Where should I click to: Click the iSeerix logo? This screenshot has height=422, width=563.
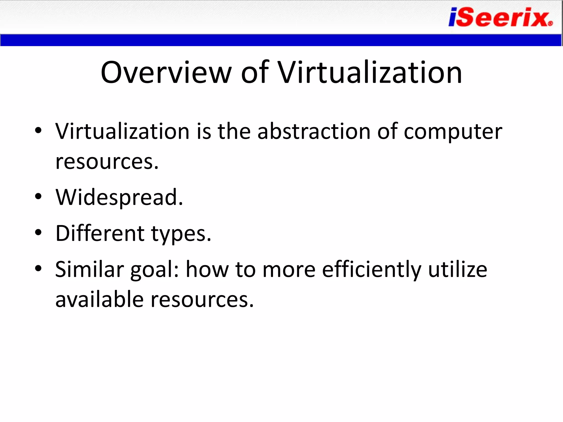[x=499, y=17]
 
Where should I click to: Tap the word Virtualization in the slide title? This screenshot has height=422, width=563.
[x=370, y=73]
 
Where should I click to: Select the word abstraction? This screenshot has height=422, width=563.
[x=314, y=131]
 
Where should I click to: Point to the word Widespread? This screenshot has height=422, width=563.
[x=119, y=197]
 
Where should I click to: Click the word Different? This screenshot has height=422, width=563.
[x=100, y=233]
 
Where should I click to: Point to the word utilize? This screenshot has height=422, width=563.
[x=458, y=269]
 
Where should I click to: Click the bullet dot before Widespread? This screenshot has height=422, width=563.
[x=38, y=196]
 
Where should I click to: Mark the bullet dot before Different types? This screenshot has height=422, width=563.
[x=38, y=232]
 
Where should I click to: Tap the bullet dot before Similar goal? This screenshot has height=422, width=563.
[x=38, y=268]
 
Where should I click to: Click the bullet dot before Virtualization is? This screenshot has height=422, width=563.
[x=38, y=130]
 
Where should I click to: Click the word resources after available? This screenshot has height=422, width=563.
[x=202, y=300]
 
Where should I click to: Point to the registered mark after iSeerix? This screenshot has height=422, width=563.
[x=550, y=24]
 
